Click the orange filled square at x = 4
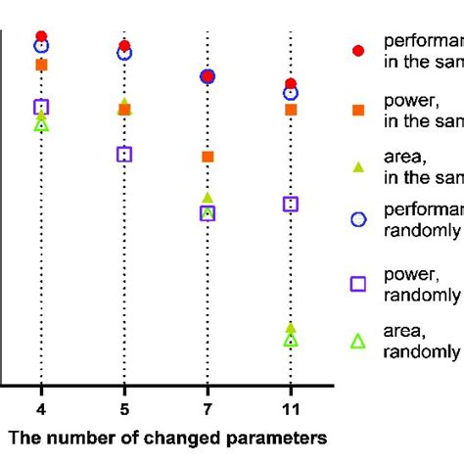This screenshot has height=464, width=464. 41,65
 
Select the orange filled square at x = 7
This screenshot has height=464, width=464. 208,157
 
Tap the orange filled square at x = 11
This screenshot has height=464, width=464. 291,110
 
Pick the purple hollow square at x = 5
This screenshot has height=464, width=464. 124,154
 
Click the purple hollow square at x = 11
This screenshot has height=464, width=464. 291,204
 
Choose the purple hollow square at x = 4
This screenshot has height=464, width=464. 41,107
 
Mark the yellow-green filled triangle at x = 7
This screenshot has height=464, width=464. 208,198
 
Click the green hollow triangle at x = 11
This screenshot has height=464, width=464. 291,340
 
